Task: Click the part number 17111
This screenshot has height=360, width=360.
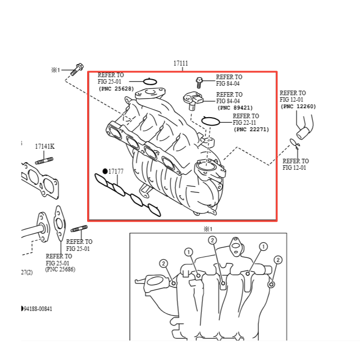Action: (181, 63)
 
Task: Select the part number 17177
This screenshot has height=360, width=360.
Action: (116, 172)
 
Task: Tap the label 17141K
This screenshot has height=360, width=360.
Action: (45, 147)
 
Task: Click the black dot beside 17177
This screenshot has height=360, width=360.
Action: (105, 171)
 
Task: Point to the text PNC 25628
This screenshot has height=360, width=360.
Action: (116, 89)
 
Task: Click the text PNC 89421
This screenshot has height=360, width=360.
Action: (235, 108)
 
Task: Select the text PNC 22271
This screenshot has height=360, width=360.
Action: (251, 130)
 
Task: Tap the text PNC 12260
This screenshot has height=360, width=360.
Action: (298, 107)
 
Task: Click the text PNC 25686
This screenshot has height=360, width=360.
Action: (61, 269)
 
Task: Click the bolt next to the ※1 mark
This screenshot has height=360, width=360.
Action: (77, 69)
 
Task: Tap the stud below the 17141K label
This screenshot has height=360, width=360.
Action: (44, 161)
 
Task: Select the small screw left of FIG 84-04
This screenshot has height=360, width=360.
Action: (199, 83)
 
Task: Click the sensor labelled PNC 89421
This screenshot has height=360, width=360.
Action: (193, 100)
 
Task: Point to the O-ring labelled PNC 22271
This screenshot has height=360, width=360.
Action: (210, 121)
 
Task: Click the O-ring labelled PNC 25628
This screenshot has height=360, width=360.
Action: (150, 82)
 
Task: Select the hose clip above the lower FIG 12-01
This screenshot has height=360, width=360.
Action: (295, 144)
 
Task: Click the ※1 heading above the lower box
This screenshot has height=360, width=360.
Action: (208, 229)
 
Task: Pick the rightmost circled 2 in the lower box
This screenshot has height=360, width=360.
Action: (278, 260)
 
